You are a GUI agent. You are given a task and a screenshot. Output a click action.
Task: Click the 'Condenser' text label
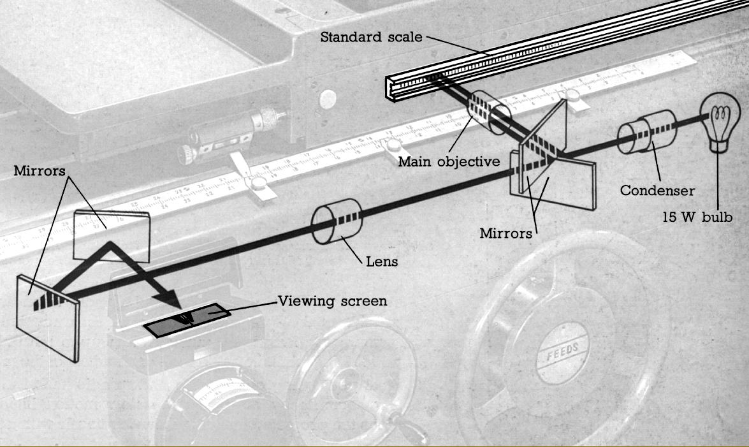(x=657, y=190)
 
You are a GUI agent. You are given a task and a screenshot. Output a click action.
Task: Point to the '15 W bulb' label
(x=696, y=217)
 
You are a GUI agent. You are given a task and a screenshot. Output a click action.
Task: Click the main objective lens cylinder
(x=490, y=112)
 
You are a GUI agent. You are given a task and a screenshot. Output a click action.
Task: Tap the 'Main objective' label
(x=449, y=161)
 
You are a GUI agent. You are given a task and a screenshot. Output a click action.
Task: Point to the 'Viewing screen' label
(x=332, y=300)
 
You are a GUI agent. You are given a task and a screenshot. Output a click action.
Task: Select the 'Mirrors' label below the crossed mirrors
(x=506, y=233)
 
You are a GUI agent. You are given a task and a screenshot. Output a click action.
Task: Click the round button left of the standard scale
(x=328, y=98)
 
